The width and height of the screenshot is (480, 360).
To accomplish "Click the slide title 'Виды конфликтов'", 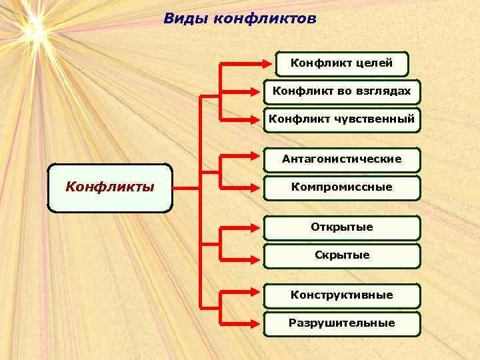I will [x=240, y=19].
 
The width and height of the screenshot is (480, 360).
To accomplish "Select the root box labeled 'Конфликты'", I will [x=110, y=187].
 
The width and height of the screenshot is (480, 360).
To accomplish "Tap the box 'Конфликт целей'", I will [x=341, y=64].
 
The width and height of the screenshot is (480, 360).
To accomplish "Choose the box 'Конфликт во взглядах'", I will [x=341, y=92].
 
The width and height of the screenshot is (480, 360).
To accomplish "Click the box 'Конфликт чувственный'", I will [x=341, y=120].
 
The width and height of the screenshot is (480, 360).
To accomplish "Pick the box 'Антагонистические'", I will [x=341, y=159].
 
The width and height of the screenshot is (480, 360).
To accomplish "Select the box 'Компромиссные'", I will [x=341, y=188].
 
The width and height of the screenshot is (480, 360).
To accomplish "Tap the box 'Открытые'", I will [x=341, y=227].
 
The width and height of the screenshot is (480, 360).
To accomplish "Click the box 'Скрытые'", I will [x=341, y=255].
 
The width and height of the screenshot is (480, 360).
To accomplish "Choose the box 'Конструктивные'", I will [x=341, y=295].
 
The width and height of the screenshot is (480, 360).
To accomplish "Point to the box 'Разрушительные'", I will [x=341, y=323].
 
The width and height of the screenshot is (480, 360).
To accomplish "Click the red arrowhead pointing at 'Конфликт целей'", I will [x=270, y=65].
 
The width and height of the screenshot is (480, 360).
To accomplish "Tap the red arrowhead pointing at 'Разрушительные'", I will [x=259, y=324].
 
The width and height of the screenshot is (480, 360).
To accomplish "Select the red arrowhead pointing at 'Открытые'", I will [x=259, y=228].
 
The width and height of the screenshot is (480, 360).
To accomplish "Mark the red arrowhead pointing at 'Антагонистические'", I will [x=259, y=160].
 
